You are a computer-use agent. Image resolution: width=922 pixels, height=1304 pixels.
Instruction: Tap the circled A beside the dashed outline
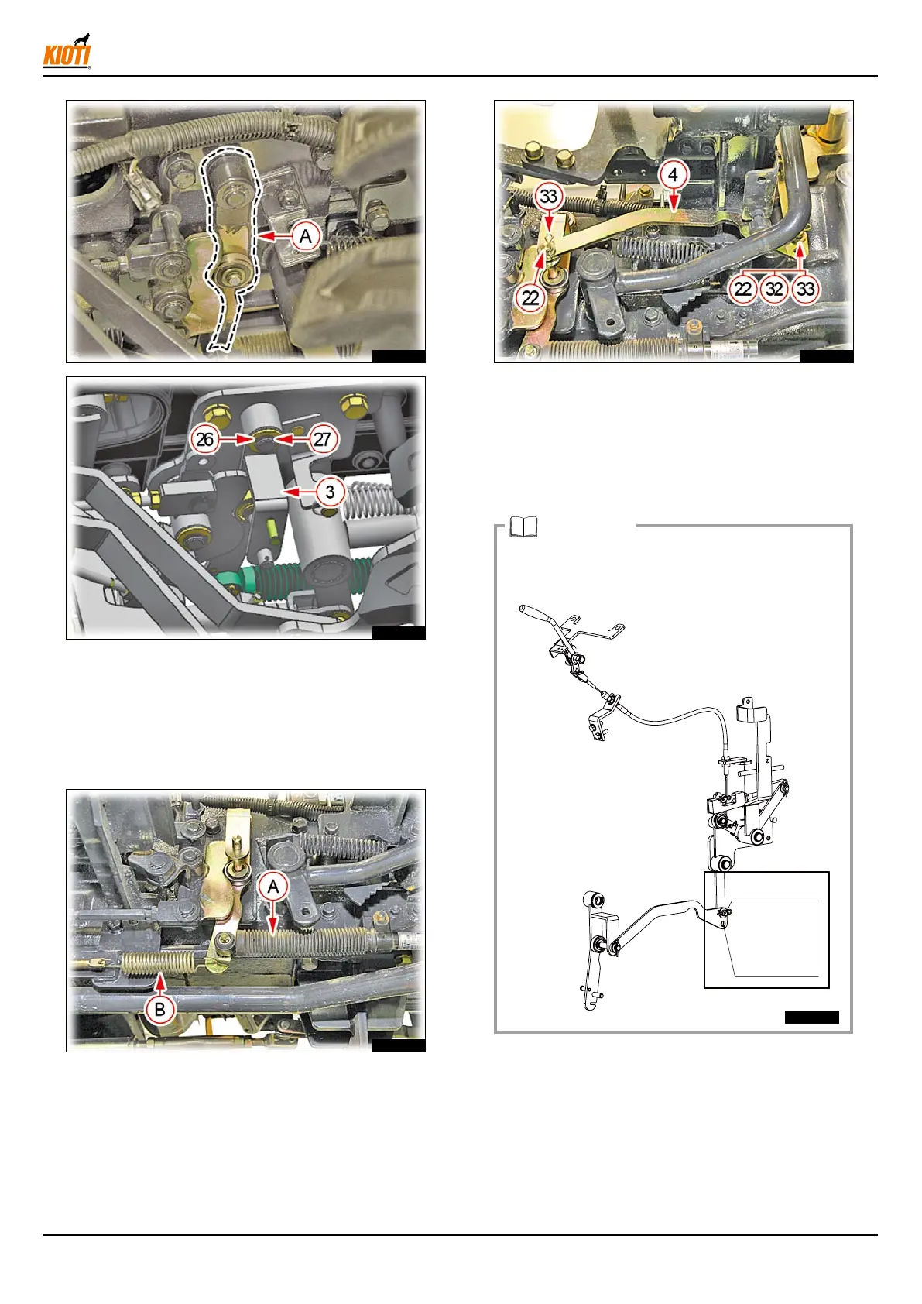306,236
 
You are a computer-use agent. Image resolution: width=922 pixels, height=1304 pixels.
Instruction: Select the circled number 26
205,439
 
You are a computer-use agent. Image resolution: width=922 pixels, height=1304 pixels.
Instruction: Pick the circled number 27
322,439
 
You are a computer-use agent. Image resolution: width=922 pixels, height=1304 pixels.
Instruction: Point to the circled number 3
330,492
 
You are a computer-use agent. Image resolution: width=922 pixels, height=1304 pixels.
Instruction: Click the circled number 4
674,175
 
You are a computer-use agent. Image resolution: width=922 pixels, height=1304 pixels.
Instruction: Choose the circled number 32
774,289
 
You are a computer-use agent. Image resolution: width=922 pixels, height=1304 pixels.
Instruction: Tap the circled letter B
159,1009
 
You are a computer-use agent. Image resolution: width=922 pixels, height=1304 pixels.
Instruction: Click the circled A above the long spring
273,887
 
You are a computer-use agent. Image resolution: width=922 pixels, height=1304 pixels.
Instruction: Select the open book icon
523,527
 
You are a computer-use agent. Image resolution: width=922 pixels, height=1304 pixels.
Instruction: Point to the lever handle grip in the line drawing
534,611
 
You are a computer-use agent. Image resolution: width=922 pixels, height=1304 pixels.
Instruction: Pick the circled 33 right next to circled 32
806,289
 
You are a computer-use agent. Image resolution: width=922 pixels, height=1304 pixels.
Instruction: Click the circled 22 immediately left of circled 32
742,289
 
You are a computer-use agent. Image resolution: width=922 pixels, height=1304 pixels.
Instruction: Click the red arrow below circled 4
674,201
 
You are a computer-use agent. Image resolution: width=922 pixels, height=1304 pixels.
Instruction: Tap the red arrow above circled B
159,984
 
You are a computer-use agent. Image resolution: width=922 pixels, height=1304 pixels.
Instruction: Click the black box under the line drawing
811,1017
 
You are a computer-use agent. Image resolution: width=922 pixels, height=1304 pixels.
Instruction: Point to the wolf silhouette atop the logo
83,39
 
